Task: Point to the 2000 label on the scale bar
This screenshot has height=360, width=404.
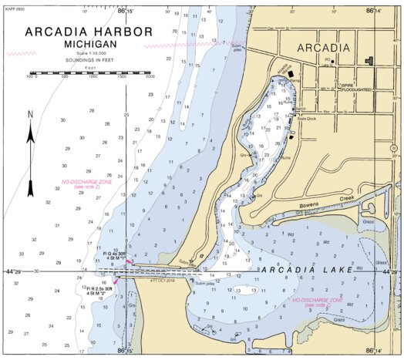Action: coord(150,77)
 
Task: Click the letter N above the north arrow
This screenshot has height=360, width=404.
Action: coord(31,115)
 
